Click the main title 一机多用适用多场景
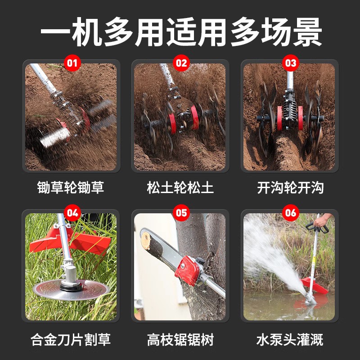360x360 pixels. tap(180, 32)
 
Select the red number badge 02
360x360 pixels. tap(181, 63)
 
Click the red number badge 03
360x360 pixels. tap(290, 63)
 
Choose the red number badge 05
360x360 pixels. tap(181, 212)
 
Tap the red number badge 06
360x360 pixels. tap(290, 212)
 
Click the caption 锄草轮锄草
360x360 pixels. tap(71, 188)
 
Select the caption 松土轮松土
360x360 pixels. tap(180, 188)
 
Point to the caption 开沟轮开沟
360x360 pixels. tap(290, 188)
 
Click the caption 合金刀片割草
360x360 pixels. tap(71, 338)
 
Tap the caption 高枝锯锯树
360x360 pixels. tap(180, 338)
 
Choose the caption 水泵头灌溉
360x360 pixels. tap(290, 338)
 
